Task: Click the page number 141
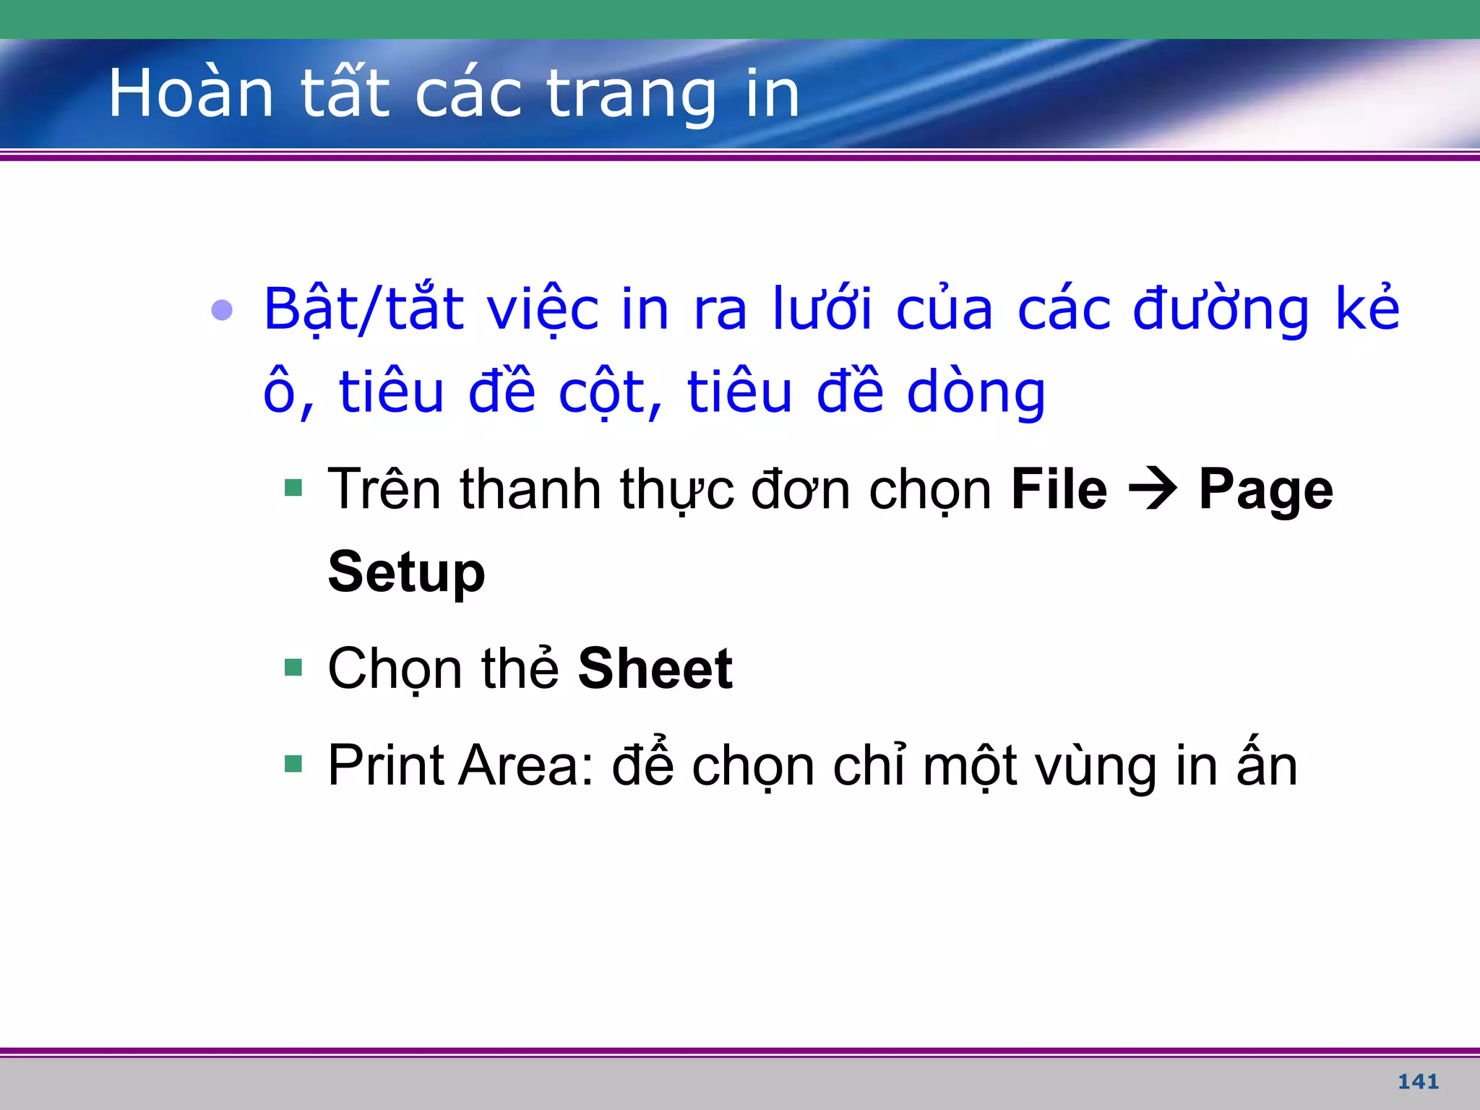click(1418, 1081)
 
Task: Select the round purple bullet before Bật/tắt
click(222, 310)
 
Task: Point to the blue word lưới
click(822, 309)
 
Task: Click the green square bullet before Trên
click(293, 488)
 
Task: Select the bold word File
click(1059, 490)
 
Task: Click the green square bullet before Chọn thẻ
click(293, 666)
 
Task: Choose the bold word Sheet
click(655, 668)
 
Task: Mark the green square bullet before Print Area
click(293, 763)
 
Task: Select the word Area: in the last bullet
click(526, 765)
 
